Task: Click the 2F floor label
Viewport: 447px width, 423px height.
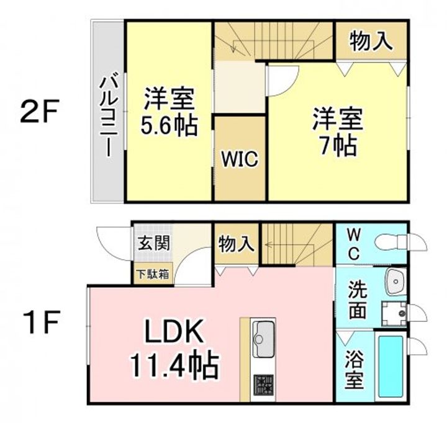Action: click(x=40, y=110)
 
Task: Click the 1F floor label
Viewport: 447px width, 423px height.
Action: click(x=42, y=322)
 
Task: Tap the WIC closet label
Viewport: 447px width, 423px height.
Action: click(x=240, y=159)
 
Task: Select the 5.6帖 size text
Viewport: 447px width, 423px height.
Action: click(x=169, y=125)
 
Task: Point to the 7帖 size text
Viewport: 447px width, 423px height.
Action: click(x=338, y=146)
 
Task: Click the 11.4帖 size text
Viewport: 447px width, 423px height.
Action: click(x=174, y=365)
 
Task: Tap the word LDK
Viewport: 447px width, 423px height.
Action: click(x=174, y=332)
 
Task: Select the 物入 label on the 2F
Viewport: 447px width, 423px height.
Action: click(x=371, y=41)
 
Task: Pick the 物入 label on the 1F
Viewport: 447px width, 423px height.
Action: click(x=236, y=244)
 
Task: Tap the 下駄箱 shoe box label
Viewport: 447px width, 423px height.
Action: click(x=153, y=274)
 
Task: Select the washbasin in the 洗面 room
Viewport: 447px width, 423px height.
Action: click(x=395, y=282)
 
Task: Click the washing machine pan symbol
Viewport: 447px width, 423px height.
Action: click(x=394, y=313)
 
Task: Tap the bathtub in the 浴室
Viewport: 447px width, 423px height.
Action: click(x=391, y=367)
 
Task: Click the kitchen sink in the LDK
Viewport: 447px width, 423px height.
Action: click(x=264, y=339)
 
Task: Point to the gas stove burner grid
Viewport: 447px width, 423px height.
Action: click(x=264, y=385)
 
